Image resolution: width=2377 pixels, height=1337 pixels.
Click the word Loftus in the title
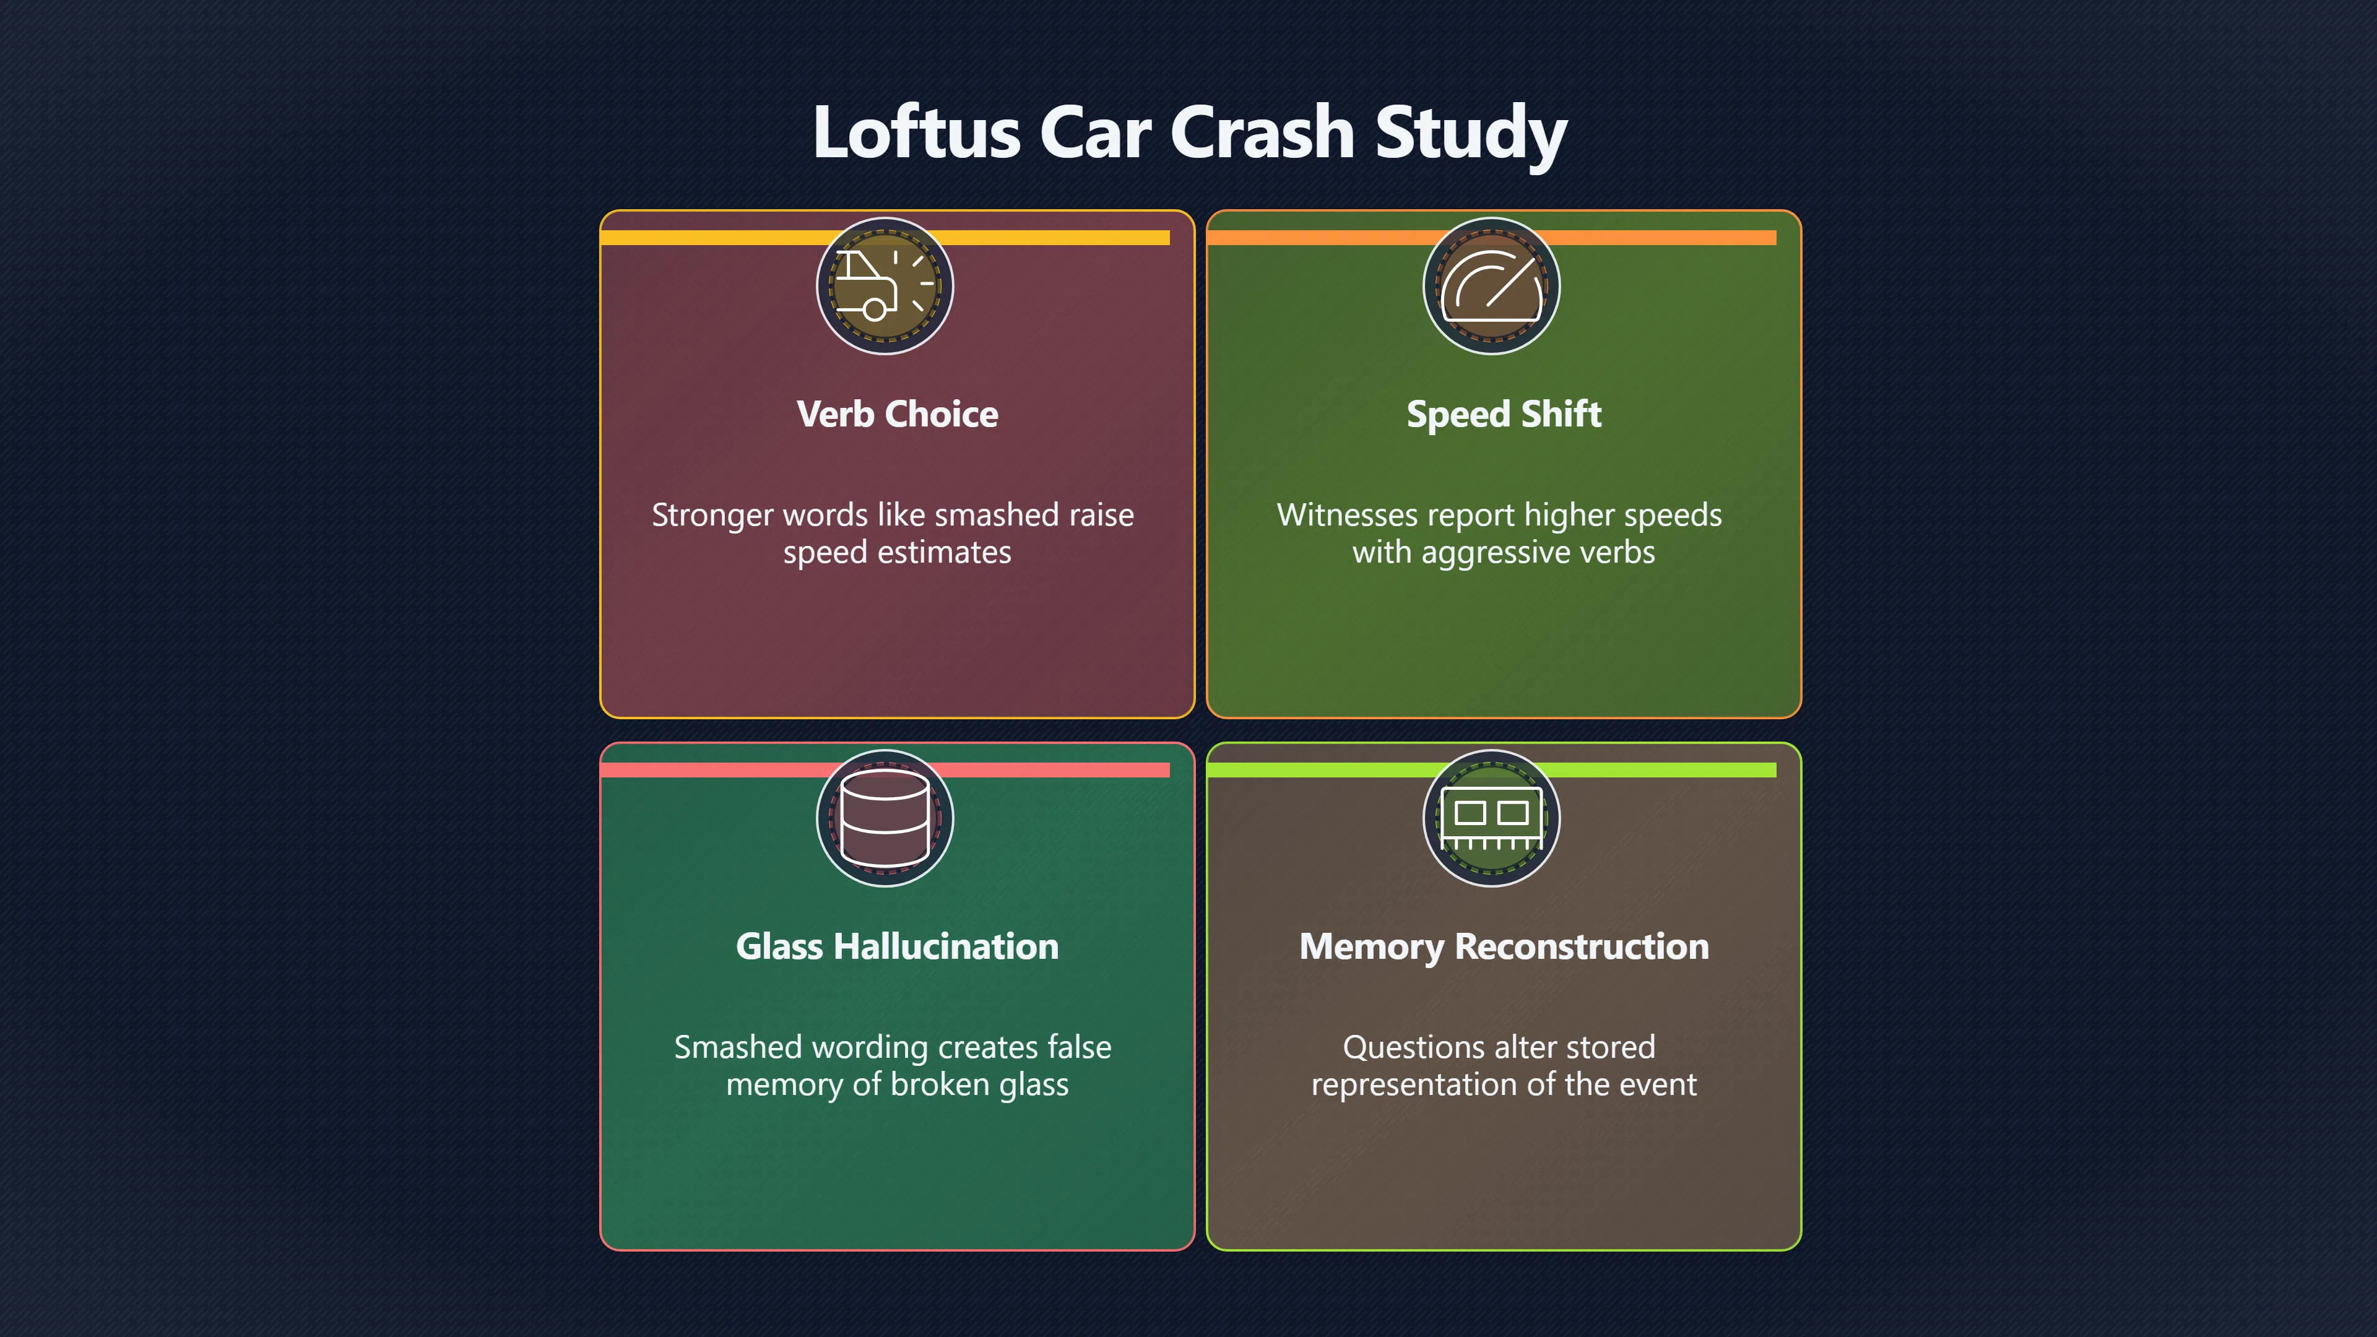(916, 132)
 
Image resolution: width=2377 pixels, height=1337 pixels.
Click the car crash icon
(884, 286)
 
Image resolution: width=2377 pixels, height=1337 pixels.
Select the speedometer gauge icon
(1491, 286)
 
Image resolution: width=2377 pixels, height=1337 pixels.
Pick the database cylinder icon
(884, 818)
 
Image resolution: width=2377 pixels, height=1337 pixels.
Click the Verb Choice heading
(897, 414)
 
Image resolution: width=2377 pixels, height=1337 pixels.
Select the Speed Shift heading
(1504, 414)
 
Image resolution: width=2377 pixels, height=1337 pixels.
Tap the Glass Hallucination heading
(897, 946)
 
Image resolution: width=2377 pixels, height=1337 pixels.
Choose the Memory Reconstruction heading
(1504, 946)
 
